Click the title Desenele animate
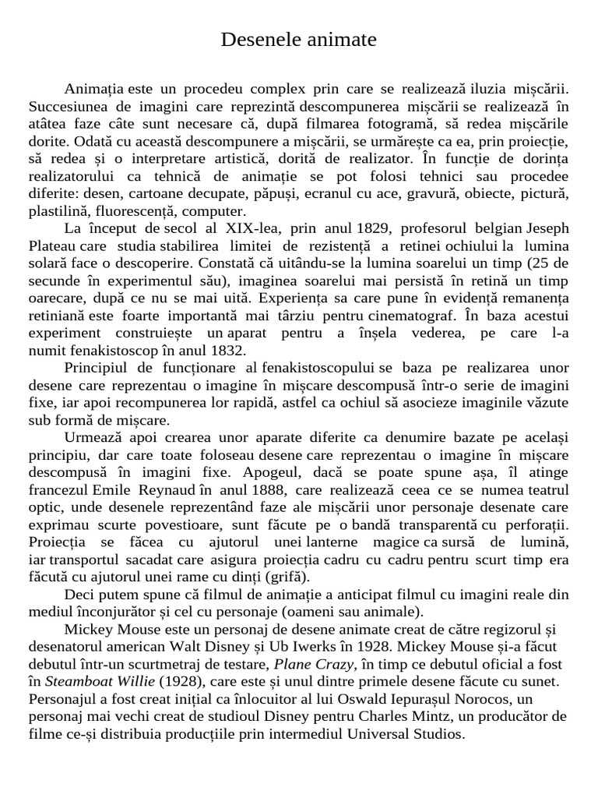pos(298,39)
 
